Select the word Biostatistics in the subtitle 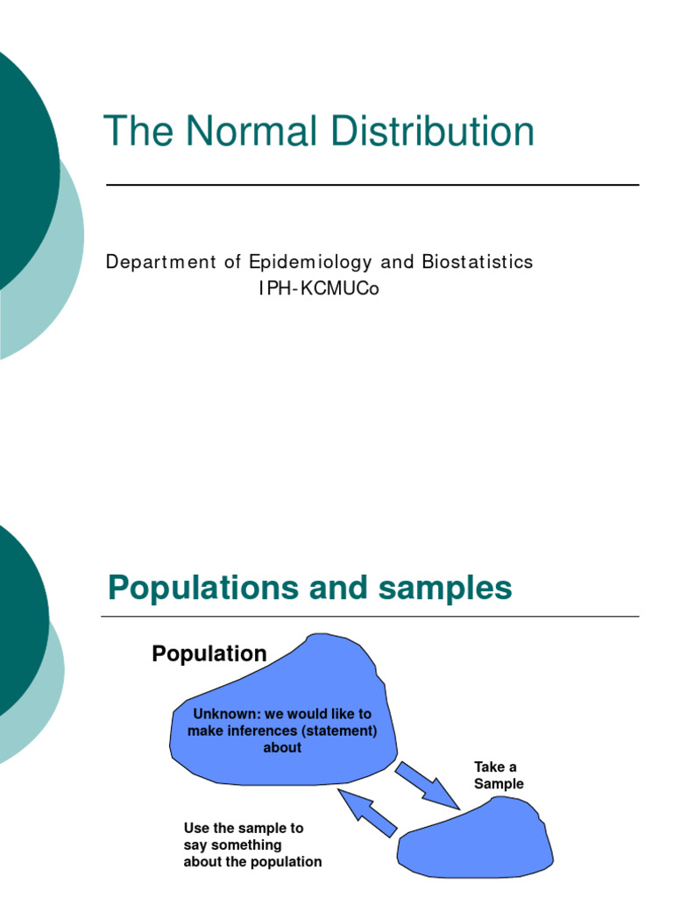[x=477, y=262]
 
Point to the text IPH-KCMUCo [x=318, y=289]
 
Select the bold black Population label [x=209, y=653]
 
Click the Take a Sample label [x=498, y=775]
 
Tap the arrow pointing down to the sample [x=426, y=783]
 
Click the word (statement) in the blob [x=338, y=731]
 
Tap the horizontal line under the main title [x=372, y=185]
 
